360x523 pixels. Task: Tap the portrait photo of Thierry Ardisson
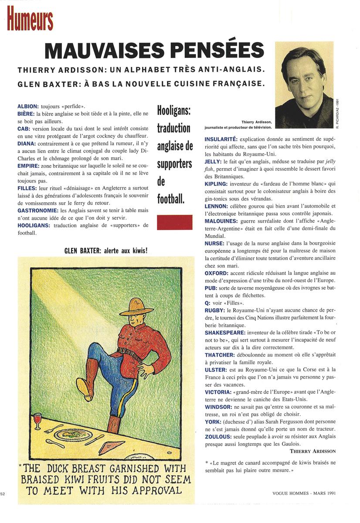[304, 85]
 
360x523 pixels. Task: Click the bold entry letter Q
[207, 302]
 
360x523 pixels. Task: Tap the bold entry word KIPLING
[216, 184]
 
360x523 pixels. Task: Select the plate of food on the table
[77, 434]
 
